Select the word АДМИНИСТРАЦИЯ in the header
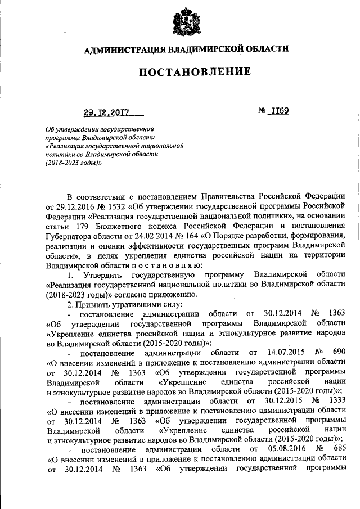[x=124, y=49]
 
